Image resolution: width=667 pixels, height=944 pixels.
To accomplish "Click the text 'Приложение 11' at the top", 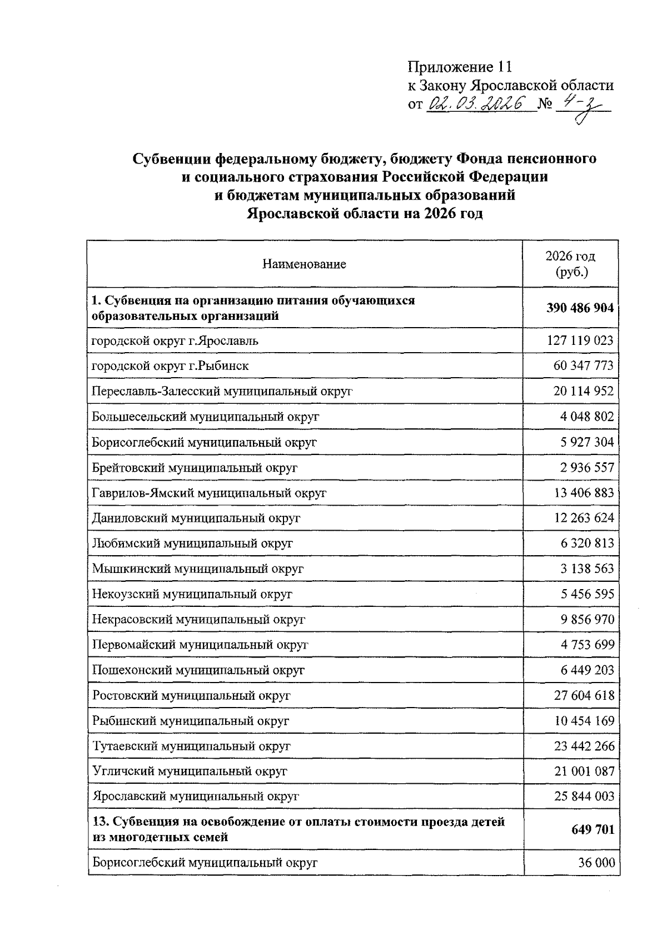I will click(x=459, y=67).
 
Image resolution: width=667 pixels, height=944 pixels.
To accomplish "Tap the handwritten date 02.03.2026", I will click(x=476, y=103).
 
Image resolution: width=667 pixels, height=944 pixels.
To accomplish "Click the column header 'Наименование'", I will click(x=304, y=264).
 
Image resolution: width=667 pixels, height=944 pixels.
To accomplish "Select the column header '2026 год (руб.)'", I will click(x=570, y=264).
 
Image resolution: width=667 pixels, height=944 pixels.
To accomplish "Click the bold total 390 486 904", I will click(x=580, y=308).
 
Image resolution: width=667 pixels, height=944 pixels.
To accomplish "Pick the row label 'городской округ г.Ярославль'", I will click(x=175, y=340).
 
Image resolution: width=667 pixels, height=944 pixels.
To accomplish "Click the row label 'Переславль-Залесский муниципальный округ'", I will click(x=222, y=391).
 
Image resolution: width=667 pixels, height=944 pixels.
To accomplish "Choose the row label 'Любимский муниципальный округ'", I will click(x=192, y=543).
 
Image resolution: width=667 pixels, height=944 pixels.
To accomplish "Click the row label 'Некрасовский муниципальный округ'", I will click(x=198, y=619).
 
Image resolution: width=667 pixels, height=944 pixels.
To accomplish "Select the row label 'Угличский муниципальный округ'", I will click(x=190, y=772).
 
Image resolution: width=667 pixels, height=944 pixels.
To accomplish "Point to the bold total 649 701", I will click(x=593, y=829).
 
